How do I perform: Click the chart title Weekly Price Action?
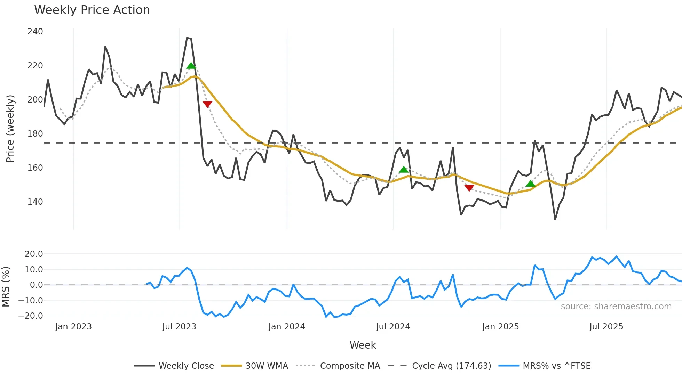point(92,10)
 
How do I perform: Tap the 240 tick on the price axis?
point(35,32)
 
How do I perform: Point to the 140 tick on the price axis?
point(35,202)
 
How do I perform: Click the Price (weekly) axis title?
point(10,129)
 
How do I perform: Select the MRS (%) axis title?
point(6,287)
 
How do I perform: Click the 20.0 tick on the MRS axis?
point(34,254)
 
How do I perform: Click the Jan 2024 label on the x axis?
point(286,327)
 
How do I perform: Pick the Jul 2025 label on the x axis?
point(606,327)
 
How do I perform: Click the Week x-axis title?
point(363,345)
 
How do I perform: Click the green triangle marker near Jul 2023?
point(191,66)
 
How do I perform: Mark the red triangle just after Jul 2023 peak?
point(207,104)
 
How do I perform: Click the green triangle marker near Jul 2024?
point(404,170)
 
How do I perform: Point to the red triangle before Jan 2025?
point(469,188)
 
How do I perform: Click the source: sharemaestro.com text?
point(616,307)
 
